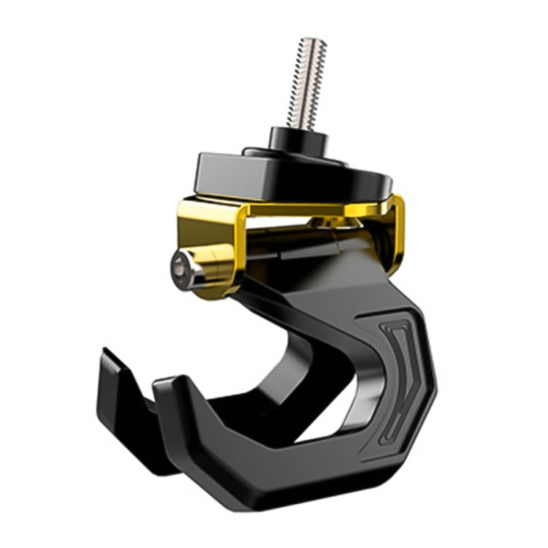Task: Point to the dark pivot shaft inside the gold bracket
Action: pos(292,241)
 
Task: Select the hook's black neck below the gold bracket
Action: pos(292,300)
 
